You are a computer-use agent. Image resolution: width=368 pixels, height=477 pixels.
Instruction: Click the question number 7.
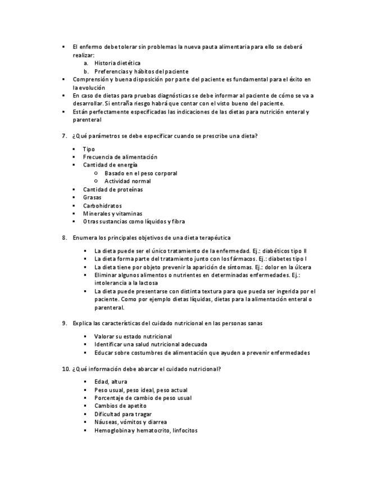tap(63, 136)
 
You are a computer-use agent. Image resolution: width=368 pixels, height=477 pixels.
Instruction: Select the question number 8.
tap(63, 238)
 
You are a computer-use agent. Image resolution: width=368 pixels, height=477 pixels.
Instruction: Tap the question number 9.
tap(63, 323)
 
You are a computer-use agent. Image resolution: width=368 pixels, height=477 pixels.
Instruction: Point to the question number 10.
tap(65, 369)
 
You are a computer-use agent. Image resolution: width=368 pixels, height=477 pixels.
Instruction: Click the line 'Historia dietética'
tap(117, 64)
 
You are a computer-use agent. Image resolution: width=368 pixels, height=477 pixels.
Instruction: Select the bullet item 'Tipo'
tap(89, 149)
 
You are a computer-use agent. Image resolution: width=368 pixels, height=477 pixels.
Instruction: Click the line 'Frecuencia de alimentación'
tap(120, 157)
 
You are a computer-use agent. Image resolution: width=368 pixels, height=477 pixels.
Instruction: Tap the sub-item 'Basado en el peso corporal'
tap(140, 173)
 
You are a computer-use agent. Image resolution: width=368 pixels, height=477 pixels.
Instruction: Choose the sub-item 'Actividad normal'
tap(128, 181)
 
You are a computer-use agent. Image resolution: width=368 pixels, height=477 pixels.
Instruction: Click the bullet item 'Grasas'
tap(92, 197)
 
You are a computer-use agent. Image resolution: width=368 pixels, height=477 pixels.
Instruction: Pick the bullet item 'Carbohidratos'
tap(102, 206)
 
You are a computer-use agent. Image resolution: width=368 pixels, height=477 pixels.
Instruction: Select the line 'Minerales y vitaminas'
tap(112, 214)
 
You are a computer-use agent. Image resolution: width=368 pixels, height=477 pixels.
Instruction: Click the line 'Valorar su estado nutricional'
tap(133, 336)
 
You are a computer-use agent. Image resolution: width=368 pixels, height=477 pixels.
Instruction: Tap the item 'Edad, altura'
tap(111, 382)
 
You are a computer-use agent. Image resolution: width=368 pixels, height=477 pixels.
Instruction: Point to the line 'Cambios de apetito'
tap(120, 406)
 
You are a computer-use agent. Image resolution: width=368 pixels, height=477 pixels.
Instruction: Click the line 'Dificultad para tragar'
tap(123, 414)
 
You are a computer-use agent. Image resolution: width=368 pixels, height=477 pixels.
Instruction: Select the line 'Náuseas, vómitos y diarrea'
tap(130, 422)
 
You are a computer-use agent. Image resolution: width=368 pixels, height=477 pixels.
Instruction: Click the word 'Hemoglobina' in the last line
tap(112, 430)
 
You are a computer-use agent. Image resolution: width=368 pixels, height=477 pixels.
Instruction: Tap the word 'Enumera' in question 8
tap(85, 238)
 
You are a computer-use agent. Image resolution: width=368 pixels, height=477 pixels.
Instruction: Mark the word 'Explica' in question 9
tap(83, 323)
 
